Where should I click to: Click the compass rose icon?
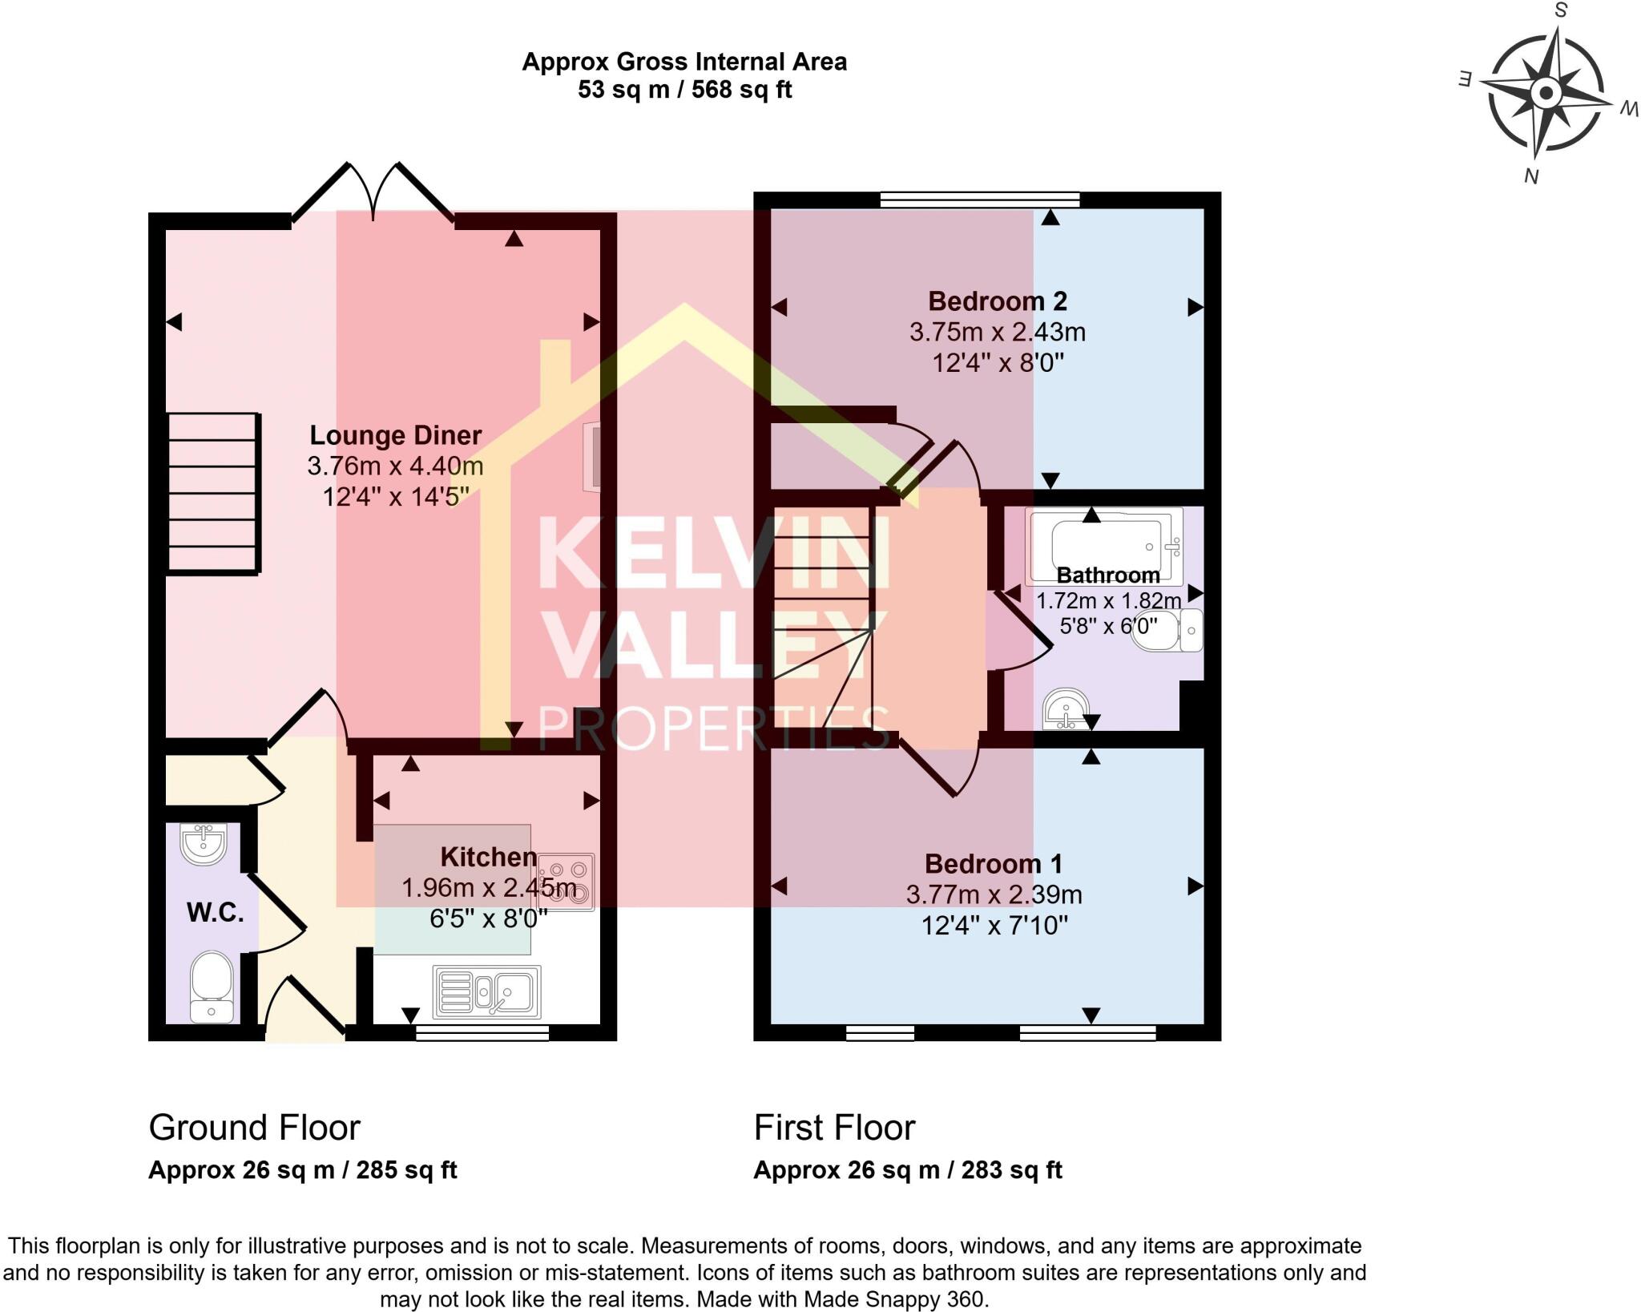point(1546,95)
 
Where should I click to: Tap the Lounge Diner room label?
point(395,436)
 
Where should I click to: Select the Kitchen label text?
point(488,857)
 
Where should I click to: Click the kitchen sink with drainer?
point(486,991)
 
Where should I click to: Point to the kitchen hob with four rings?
point(566,882)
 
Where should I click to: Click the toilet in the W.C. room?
point(212,986)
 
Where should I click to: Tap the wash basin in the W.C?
point(204,844)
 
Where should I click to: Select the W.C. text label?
point(215,912)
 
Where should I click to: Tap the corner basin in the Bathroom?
point(1066,709)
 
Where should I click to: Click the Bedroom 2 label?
point(997,302)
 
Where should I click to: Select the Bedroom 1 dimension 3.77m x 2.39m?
point(994,894)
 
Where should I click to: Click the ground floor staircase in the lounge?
point(213,492)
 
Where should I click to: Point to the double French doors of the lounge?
point(373,192)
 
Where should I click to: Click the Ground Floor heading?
point(254,1128)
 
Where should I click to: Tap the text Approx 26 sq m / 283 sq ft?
point(907,1170)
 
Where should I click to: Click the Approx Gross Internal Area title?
point(683,63)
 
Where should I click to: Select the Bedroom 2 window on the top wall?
point(979,200)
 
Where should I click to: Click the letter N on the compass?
point(1530,176)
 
